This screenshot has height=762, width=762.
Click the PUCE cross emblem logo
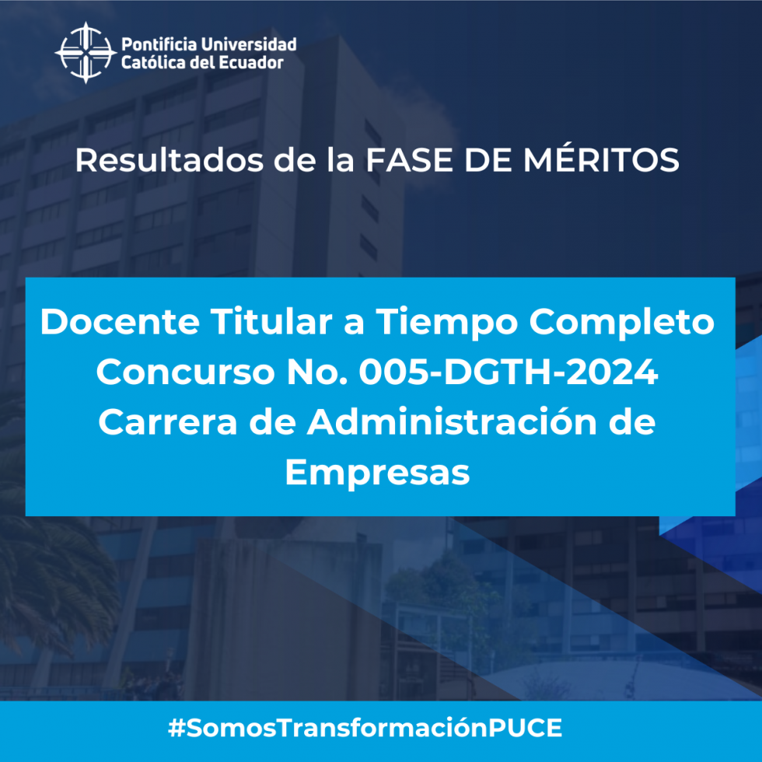[x=86, y=53]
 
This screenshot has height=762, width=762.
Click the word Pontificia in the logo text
[x=159, y=44]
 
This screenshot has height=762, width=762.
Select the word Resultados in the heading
[x=170, y=160]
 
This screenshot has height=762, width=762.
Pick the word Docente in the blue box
[x=120, y=321]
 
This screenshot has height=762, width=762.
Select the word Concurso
[x=186, y=372]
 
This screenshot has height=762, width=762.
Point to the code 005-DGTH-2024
[x=509, y=372]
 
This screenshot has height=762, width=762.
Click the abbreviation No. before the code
[x=317, y=372]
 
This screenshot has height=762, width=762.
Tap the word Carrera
[x=168, y=421]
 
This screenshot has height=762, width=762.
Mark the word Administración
[x=452, y=421]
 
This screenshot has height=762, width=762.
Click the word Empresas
[x=377, y=474]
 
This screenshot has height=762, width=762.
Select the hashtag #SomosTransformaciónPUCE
[x=365, y=728]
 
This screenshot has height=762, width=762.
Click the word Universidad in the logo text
[x=250, y=44]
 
